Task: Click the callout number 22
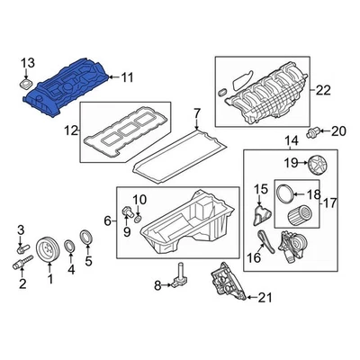[323, 90]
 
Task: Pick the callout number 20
[338, 131]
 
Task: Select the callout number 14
[292, 140]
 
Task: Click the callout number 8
[157, 286]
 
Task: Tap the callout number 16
[255, 257]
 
